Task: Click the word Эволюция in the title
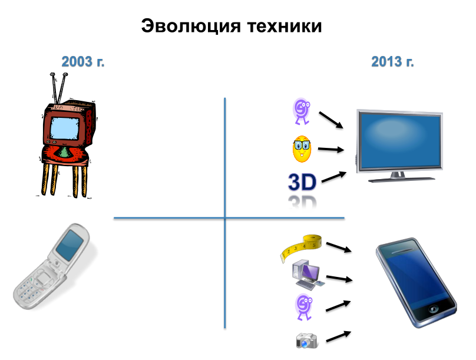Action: pyautogui.click(x=191, y=26)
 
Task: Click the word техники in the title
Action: pyautogui.click(x=285, y=26)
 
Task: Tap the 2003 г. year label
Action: pyautogui.click(x=83, y=62)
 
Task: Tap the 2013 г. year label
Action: pyautogui.click(x=392, y=62)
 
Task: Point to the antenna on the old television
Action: pyautogui.click(x=59, y=88)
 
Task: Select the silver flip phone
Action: pyautogui.click(x=52, y=266)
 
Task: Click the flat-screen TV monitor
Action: pyautogui.click(x=399, y=146)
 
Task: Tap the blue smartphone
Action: pyautogui.click(x=416, y=282)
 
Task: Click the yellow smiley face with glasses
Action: pyautogui.click(x=302, y=148)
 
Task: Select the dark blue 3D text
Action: pyautogui.click(x=302, y=182)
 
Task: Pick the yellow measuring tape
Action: pyautogui.click(x=301, y=247)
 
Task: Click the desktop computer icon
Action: pyautogui.click(x=308, y=275)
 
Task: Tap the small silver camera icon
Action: pyautogui.click(x=307, y=341)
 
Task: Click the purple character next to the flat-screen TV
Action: pyautogui.click(x=302, y=111)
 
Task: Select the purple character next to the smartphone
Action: pyautogui.click(x=304, y=307)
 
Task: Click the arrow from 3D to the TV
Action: pyautogui.click(x=334, y=177)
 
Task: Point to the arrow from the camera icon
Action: pyautogui.click(x=339, y=336)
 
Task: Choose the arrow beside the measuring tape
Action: pyautogui.click(x=339, y=247)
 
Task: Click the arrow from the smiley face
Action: pyautogui.click(x=331, y=149)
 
